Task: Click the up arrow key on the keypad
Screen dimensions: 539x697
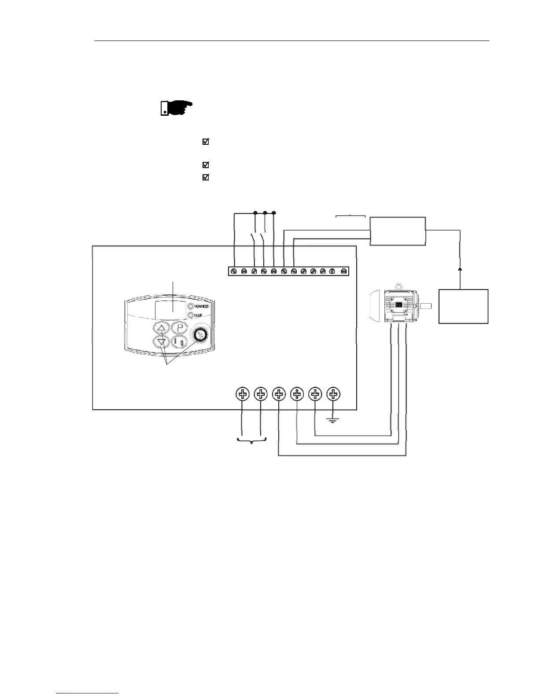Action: coord(162,327)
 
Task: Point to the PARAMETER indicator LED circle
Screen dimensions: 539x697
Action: coord(190,306)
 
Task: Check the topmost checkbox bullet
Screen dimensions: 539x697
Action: coord(205,142)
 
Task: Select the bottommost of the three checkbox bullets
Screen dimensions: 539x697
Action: coord(205,177)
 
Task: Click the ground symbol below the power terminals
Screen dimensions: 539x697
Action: coord(333,421)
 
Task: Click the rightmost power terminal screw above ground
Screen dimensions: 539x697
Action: coord(334,394)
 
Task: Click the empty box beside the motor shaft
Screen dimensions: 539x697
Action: coord(463,306)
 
